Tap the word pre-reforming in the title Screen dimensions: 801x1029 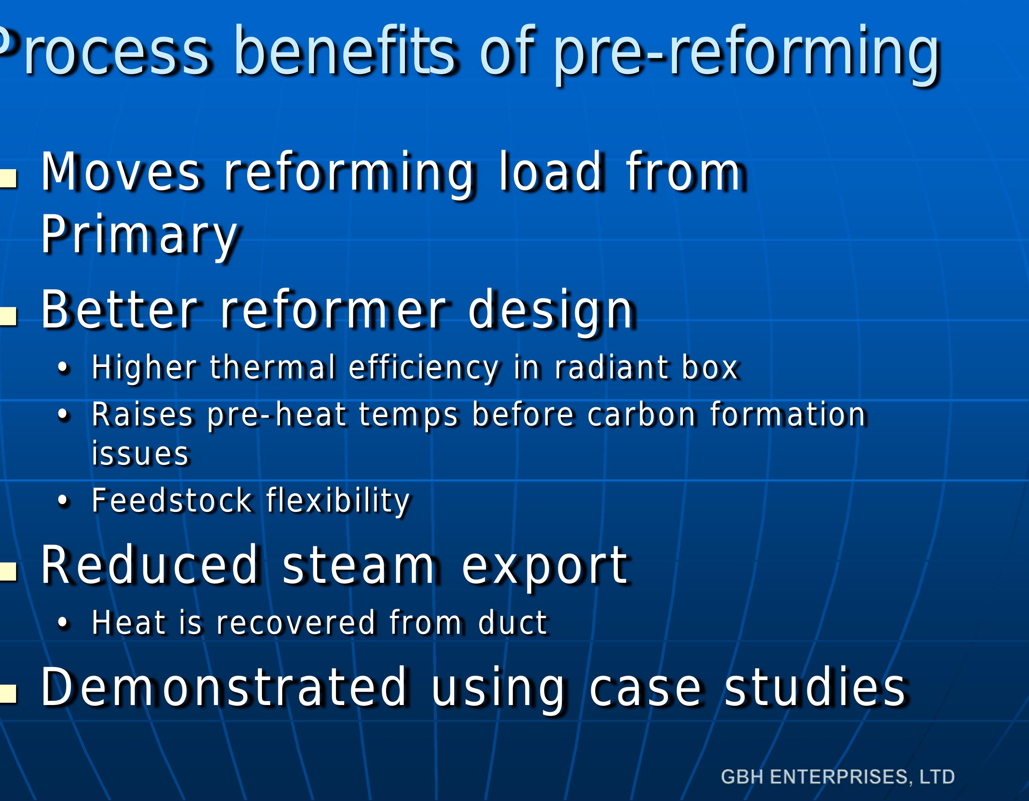pyautogui.click(x=747, y=53)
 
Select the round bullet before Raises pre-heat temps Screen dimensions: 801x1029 pyautogui.click(x=63, y=415)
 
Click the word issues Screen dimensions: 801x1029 pyautogui.click(x=140, y=454)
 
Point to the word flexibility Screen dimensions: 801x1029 pyautogui.click(x=338, y=501)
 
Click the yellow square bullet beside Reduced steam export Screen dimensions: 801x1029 pyautogui.click(x=9, y=571)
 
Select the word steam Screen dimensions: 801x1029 pyautogui.click(x=358, y=565)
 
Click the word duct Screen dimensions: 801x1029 pyautogui.click(x=512, y=623)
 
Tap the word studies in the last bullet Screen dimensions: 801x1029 pyautogui.click(x=814, y=687)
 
